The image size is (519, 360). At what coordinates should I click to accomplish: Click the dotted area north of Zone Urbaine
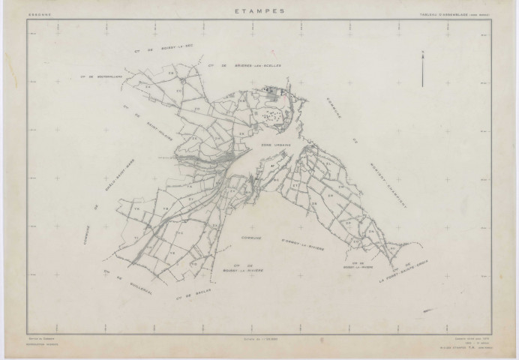[273, 115]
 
